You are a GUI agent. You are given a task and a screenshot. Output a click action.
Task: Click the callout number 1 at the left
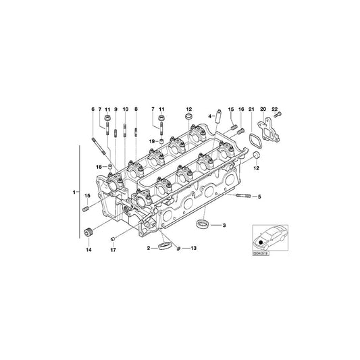coord(74,193)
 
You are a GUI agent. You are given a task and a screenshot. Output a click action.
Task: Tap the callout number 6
coord(93,109)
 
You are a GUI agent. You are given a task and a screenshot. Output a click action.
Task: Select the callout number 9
coord(115,109)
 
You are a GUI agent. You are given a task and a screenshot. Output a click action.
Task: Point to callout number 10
coord(126,109)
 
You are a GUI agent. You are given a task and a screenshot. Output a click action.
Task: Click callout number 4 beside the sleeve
coord(210,116)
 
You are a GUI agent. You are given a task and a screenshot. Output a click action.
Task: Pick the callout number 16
coord(241,109)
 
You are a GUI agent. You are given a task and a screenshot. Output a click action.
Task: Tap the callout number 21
coord(251,109)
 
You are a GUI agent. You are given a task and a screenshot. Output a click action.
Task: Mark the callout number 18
coord(99,166)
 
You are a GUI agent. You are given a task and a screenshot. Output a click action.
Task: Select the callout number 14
coord(87,250)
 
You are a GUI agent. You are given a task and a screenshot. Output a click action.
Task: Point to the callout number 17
coord(113,250)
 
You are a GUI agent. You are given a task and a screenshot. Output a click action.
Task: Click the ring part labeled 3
coord(201,224)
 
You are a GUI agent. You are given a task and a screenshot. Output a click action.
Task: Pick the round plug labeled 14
coord(86,234)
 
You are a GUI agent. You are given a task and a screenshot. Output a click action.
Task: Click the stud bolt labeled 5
coord(244,197)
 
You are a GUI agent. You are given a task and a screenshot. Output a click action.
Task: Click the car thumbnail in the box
coord(267,239)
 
